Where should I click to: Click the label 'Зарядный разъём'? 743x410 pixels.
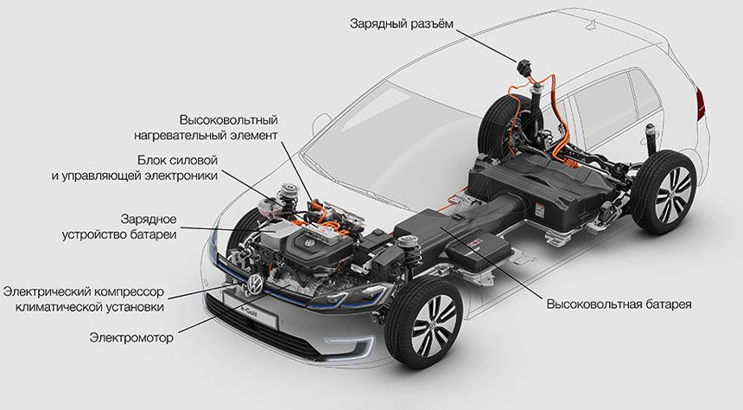pos(402,23)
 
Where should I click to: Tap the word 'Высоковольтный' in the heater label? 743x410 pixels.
pos(228,120)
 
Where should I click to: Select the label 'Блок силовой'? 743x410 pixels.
pos(178,160)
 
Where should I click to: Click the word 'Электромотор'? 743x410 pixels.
pos(131,338)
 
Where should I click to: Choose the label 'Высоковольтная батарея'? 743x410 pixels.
pos(619,304)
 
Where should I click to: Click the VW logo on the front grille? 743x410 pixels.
pos(256,284)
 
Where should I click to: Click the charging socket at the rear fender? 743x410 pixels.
pos(524,66)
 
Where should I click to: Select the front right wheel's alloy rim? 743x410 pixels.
pos(432,325)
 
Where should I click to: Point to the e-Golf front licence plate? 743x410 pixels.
pos(250,311)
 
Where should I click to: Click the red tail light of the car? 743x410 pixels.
pos(701,105)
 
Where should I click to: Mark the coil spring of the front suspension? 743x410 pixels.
pos(407,253)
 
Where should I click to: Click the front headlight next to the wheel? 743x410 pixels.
pos(354,295)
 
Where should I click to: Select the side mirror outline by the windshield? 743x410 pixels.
pos(321,125)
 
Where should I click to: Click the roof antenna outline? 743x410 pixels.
pos(593,22)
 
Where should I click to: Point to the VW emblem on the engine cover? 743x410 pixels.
pos(309,243)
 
